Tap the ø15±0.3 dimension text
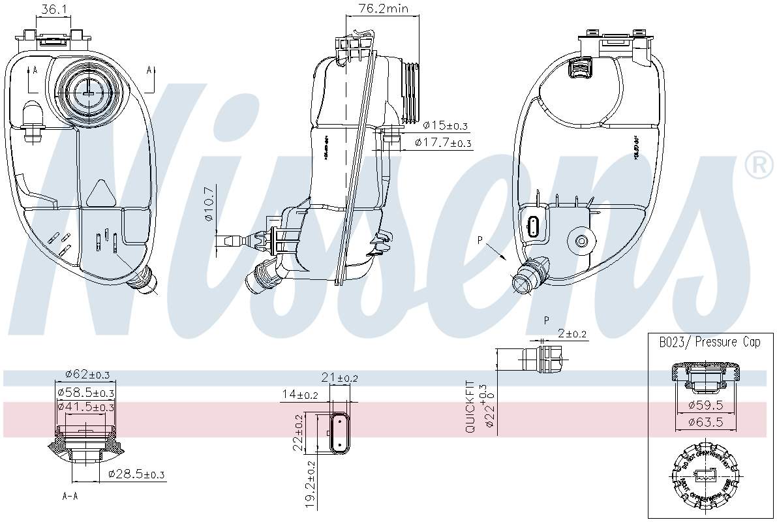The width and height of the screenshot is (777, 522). coord(446,125)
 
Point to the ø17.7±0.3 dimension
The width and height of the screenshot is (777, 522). coord(443,142)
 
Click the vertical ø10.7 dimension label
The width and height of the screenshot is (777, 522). coord(209,204)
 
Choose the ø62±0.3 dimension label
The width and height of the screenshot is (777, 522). coord(87,374)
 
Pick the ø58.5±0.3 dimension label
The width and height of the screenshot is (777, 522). coord(85,392)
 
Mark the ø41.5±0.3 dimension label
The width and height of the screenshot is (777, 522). coord(85,407)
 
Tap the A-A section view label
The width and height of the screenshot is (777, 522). coord(70,496)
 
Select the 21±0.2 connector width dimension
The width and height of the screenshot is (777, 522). coord(339,377)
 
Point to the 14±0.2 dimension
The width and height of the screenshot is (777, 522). coord(300,394)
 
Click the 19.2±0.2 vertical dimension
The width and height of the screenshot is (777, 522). coord(311,484)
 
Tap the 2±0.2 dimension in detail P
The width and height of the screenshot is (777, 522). coord(572,333)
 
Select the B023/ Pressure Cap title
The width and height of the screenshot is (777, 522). coord(709,342)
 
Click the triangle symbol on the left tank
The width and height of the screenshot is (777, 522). coord(100,193)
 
